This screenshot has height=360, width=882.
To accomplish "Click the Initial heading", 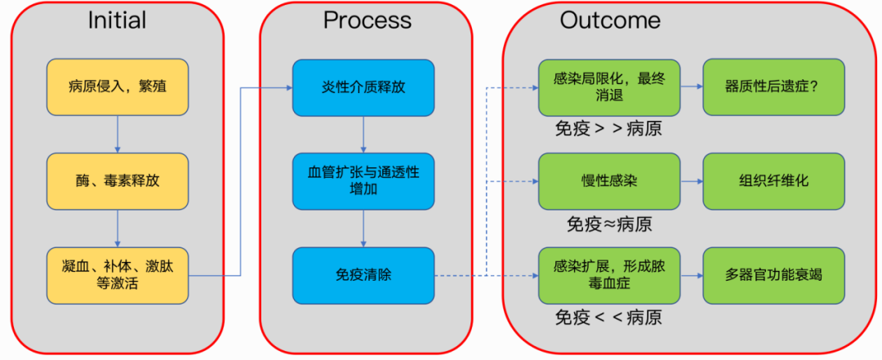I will (x=118, y=20).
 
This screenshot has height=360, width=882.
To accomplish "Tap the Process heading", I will (x=366, y=20).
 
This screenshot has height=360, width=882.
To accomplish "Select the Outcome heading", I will (x=610, y=20).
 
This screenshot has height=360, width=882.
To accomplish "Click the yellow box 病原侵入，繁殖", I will (x=118, y=87).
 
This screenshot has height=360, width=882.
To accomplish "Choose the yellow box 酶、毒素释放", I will (x=118, y=180).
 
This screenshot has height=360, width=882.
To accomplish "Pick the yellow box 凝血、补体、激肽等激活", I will (x=118, y=275).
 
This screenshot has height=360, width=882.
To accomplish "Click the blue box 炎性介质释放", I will (x=363, y=87).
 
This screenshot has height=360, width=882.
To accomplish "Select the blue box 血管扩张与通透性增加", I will (x=363, y=180).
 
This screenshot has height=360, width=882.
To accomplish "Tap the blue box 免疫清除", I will (x=363, y=275).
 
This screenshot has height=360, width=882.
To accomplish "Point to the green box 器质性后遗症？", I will (x=773, y=87).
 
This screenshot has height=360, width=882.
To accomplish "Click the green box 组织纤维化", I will (x=773, y=180).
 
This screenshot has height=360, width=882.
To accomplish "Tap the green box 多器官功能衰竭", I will (x=773, y=275).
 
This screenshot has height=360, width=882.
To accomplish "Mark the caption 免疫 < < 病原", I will (x=608, y=318).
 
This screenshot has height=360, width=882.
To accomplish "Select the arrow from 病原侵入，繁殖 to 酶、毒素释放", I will (x=118, y=133).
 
